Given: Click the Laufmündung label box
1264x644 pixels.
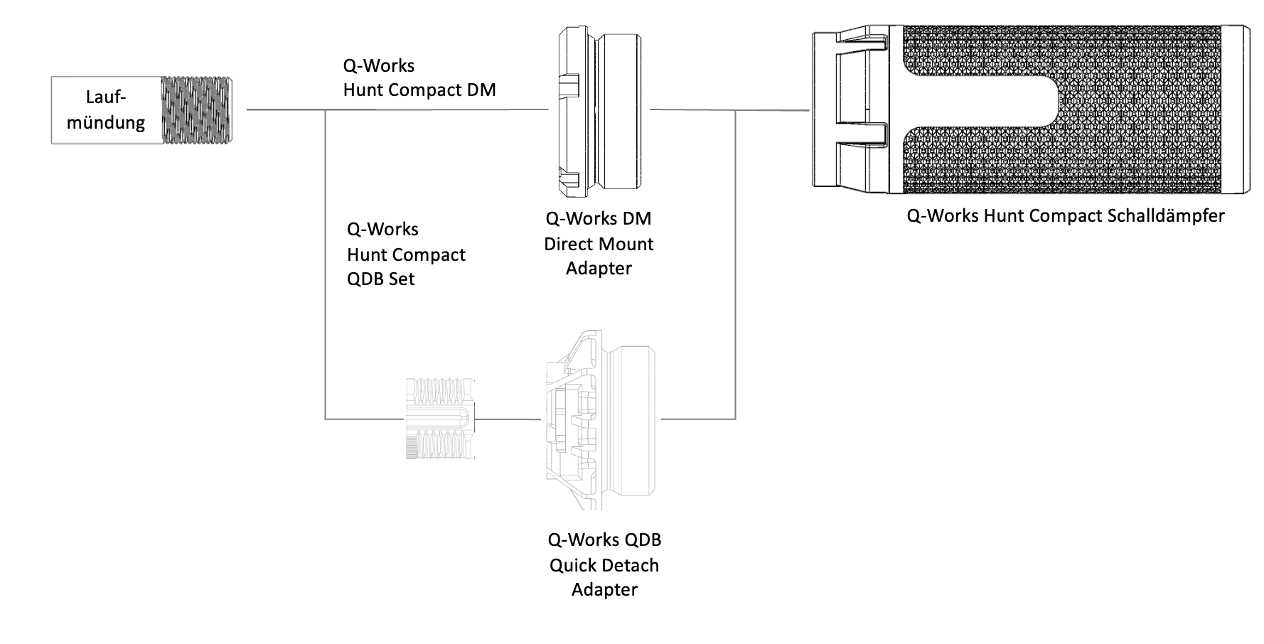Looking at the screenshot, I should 107,110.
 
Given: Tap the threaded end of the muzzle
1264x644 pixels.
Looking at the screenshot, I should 197,110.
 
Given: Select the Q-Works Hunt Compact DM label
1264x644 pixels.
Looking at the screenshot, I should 419,77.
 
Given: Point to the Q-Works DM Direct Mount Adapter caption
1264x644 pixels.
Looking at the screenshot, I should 599,244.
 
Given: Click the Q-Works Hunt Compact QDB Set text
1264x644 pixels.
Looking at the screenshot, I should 406,254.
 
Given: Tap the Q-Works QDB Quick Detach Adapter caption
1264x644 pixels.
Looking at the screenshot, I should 604,564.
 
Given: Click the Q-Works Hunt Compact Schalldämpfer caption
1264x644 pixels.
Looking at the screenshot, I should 1065,215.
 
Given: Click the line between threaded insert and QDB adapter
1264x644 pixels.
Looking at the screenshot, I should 508,419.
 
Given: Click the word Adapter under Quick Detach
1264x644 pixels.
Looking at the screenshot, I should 604,589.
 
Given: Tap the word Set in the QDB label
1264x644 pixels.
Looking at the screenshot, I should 402,279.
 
